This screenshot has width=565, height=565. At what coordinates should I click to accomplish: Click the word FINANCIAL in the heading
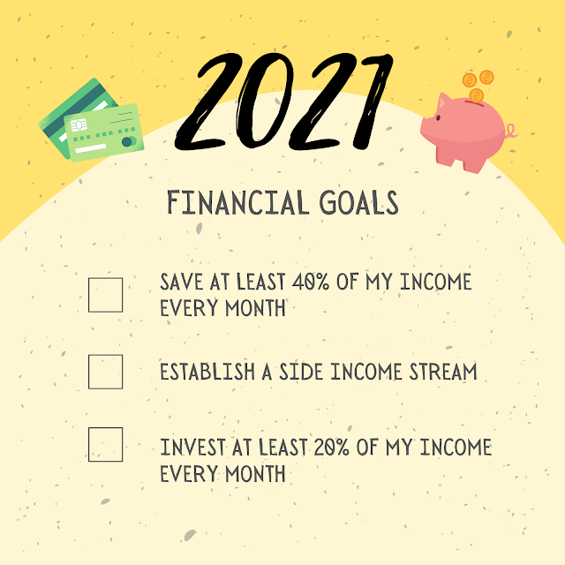pyautogui.click(x=238, y=203)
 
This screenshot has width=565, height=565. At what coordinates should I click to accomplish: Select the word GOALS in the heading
pyautogui.click(x=359, y=203)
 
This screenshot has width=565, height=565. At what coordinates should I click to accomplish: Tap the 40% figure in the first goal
pyautogui.click(x=311, y=282)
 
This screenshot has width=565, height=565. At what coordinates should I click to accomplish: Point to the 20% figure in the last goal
pyautogui.click(x=332, y=448)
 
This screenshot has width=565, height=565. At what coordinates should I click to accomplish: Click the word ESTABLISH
pyautogui.click(x=207, y=372)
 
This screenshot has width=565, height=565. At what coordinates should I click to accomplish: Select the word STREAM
pyautogui.click(x=443, y=372)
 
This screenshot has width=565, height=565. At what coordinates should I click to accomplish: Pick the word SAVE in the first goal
pyautogui.click(x=181, y=282)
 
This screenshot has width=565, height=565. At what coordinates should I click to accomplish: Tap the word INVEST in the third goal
pyautogui.click(x=192, y=448)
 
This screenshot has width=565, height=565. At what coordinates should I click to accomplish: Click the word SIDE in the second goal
pyautogui.click(x=301, y=372)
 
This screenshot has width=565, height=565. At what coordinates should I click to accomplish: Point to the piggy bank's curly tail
pyautogui.click(x=511, y=132)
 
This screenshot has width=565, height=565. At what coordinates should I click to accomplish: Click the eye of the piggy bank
pyautogui.click(x=438, y=117)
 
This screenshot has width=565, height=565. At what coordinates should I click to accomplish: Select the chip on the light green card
pyautogui.click(x=79, y=125)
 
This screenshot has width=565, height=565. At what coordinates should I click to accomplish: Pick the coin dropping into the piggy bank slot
pyautogui.click(x=477, y=96)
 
